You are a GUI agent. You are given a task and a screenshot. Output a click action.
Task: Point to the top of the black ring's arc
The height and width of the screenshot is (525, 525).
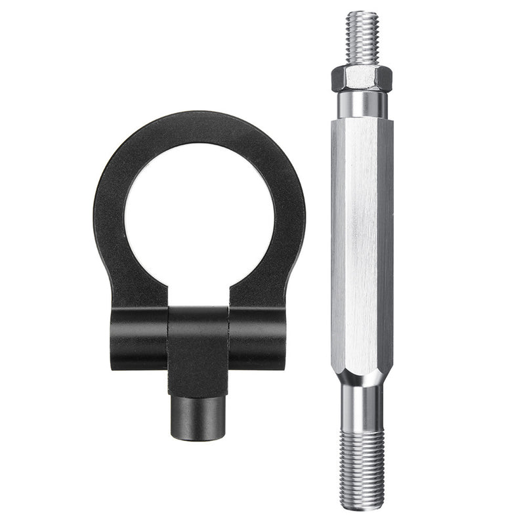pyautogui.click(x=199, y=126)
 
